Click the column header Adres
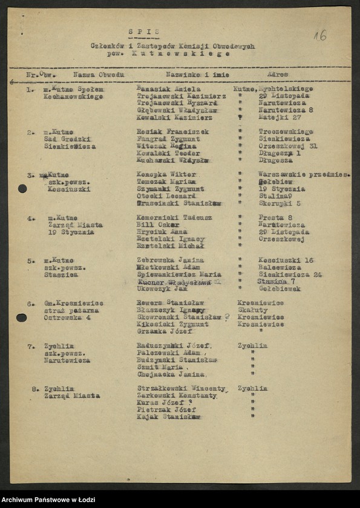pyautogui.click(x=278, y=75)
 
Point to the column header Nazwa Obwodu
pyautogui.click(x=99, y=75)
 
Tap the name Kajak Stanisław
pyautogui.click(x=169, y=417)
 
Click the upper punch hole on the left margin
pyautogui.click(x=22, y=189)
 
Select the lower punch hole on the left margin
pyautogui.click(x=21, y=317)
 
